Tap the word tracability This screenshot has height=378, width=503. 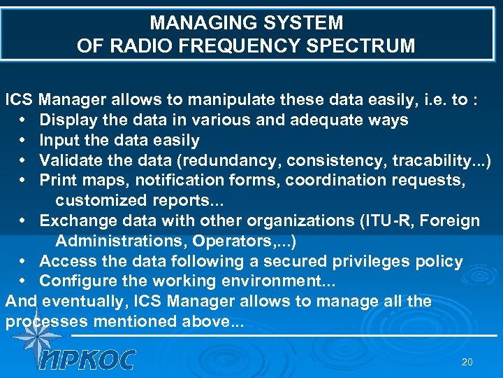437,160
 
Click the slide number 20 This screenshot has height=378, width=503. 467,362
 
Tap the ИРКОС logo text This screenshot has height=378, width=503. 87,358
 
